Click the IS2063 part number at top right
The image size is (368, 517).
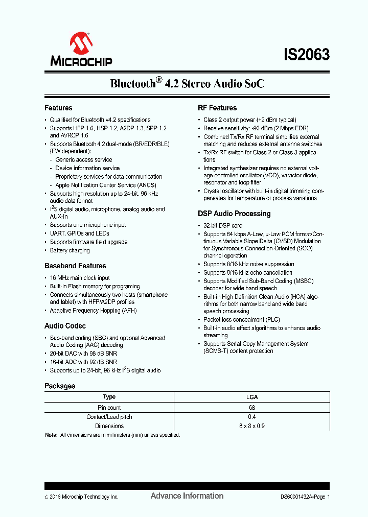(x=307, y=55)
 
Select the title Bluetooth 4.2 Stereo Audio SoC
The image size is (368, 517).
(x=187, y=83)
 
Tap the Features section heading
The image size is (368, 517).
(x=58, y=108)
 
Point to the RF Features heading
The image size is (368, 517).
(x=217, y=108)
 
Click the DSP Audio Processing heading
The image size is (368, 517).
(x=234, y=214)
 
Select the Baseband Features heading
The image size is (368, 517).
(x=75, y=266)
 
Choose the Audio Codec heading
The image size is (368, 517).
(x=65, y=326)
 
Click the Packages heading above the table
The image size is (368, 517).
(x=60, y=386)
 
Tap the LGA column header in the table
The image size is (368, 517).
(x=252, y=397)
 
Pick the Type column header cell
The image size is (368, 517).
(x=109, y=397)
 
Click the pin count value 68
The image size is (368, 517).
(x=252, y=408)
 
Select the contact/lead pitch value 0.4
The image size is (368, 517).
(x=252, y=417)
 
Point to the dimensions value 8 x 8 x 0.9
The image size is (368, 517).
(x=252, y=426)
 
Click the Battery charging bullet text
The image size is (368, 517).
(x=70, y=250)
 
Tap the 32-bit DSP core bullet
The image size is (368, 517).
(x=223, y=225)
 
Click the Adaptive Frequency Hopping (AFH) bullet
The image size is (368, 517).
(x=93, y=311)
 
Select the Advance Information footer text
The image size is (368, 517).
(x=187, y=496)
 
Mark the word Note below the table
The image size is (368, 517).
(x=51, y=435)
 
